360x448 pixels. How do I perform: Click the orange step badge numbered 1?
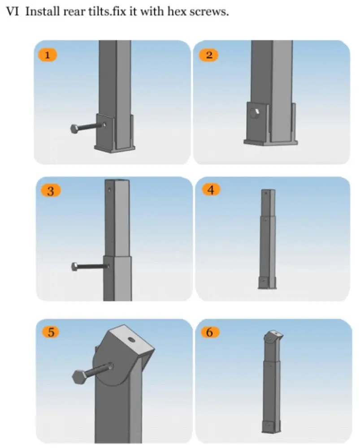pyautogui.click(x=48, y=55)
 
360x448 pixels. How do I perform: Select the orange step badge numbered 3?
pyautogui.click(x=50, y=191)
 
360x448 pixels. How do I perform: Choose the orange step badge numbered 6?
pyautogui.click(x=210, y=332)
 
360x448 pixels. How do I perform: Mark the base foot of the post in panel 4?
pyautogui.click(x=267, y=283)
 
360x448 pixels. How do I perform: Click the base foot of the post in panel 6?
pyautogui.click(x=271, y=426)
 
